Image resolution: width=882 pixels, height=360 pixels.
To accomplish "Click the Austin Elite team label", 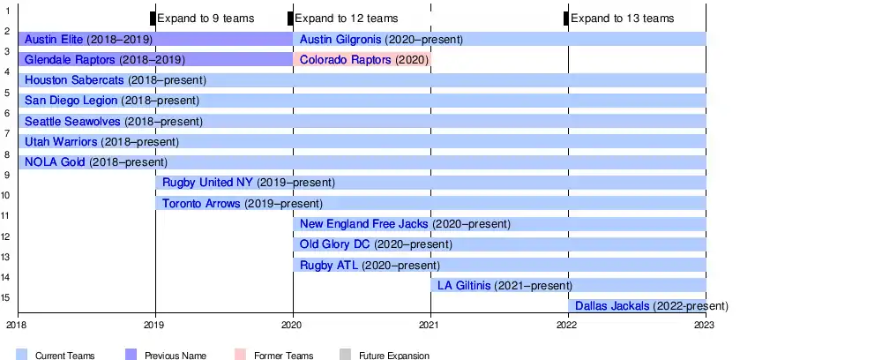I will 61,40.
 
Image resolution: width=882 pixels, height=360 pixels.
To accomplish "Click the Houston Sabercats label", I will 74,80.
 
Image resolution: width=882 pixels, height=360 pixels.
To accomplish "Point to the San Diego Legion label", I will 71,101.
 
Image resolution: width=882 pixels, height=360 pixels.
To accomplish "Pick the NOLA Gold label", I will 56,161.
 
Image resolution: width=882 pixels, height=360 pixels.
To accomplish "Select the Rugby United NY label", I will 207,183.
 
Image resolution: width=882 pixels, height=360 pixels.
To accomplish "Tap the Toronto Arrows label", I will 201,203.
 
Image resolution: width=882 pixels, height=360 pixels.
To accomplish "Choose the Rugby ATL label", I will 329,264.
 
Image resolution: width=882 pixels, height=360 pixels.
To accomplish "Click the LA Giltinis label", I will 464,284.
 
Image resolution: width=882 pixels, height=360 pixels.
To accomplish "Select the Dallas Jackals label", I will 612,305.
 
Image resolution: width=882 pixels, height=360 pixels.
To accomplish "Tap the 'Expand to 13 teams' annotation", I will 622,19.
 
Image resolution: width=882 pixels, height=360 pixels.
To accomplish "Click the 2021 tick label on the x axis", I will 430,326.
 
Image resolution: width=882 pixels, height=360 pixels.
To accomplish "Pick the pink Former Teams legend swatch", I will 241,355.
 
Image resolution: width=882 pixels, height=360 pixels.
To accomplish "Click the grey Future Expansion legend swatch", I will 345,355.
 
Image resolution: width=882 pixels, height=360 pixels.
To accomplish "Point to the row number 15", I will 5,297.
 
